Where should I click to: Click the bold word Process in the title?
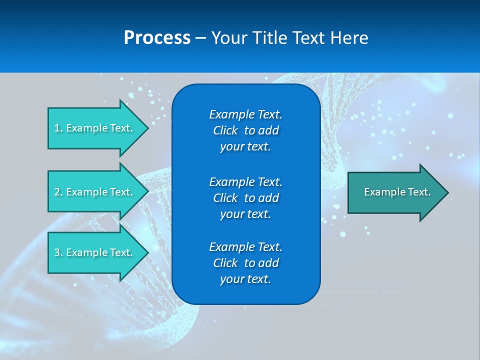coord(157,38)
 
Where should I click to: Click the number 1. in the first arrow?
coord(58,128)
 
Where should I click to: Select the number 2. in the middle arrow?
coord(58,192)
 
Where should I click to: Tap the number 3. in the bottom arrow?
coord(58,252)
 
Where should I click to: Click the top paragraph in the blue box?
coord(245,130)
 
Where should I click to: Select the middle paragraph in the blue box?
coord(245,197)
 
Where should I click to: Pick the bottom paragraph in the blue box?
coord(245,263)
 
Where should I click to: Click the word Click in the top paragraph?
coord(225,130)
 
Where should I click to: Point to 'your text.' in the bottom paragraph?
coord(245,279)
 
